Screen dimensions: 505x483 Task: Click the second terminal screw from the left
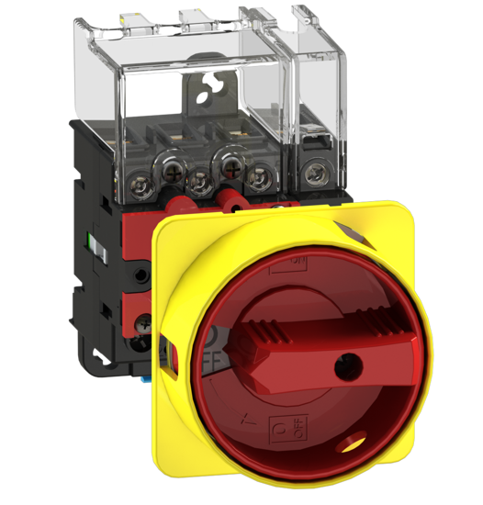[197, 176]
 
